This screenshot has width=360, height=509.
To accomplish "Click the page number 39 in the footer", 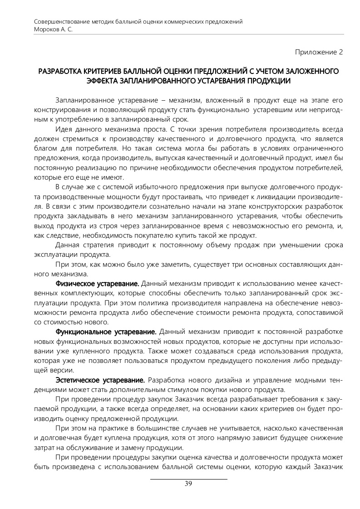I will pos(188,484).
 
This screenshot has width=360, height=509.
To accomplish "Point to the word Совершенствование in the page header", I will pos(61,22).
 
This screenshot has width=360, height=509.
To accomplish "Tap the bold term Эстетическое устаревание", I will pos(100,380).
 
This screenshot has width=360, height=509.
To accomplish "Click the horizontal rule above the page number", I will pos(188,479).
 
